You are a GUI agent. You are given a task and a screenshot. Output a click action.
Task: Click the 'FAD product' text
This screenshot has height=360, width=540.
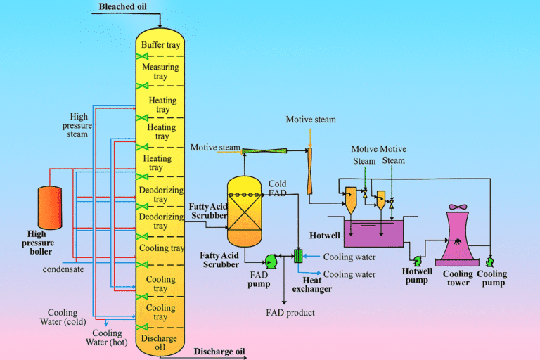pos(290,312)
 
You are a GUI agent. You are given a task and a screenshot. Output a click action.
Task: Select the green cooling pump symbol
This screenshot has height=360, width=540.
pos(487,262)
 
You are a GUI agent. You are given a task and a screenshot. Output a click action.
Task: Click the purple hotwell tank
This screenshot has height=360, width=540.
pos(373,233)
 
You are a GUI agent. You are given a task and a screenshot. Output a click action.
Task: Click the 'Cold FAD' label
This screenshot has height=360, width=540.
pos(277,189)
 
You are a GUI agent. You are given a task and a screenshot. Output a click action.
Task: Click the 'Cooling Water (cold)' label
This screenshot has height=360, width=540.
pos(63,318)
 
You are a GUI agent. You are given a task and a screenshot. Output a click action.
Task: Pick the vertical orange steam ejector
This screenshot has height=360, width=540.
pos(309,169)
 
